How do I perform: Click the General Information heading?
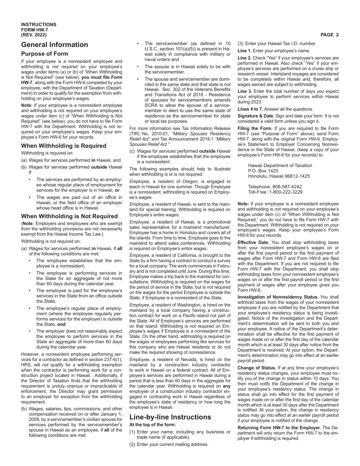55,45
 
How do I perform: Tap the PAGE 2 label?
329,35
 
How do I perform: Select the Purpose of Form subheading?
45,54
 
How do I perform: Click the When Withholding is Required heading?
64,146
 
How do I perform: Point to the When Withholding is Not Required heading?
69,216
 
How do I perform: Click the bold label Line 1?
244,51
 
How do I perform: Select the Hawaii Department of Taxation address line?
280,166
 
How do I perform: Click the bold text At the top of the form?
153,425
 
